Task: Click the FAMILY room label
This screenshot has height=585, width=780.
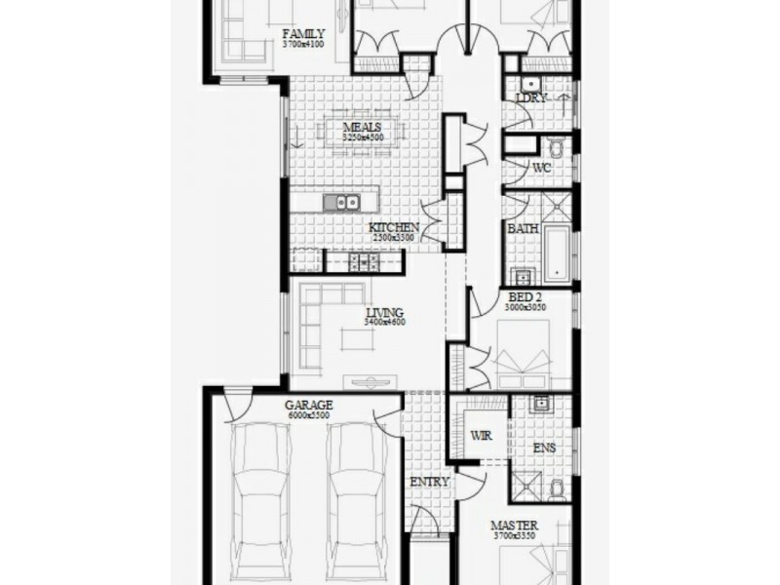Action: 303,32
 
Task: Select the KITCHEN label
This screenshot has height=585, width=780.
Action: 394,227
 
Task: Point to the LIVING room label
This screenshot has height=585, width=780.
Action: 385,312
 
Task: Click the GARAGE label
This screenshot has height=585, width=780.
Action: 309,405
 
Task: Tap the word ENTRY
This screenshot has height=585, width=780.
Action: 430,482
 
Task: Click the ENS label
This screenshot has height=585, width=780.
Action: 544,449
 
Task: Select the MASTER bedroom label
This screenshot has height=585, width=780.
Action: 514,526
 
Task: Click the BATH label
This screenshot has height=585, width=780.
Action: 523,228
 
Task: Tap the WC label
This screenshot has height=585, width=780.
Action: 542,168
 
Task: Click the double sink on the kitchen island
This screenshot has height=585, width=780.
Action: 340,203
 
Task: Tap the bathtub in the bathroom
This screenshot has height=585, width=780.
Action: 557,252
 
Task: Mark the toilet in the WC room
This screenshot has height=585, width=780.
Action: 556,148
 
